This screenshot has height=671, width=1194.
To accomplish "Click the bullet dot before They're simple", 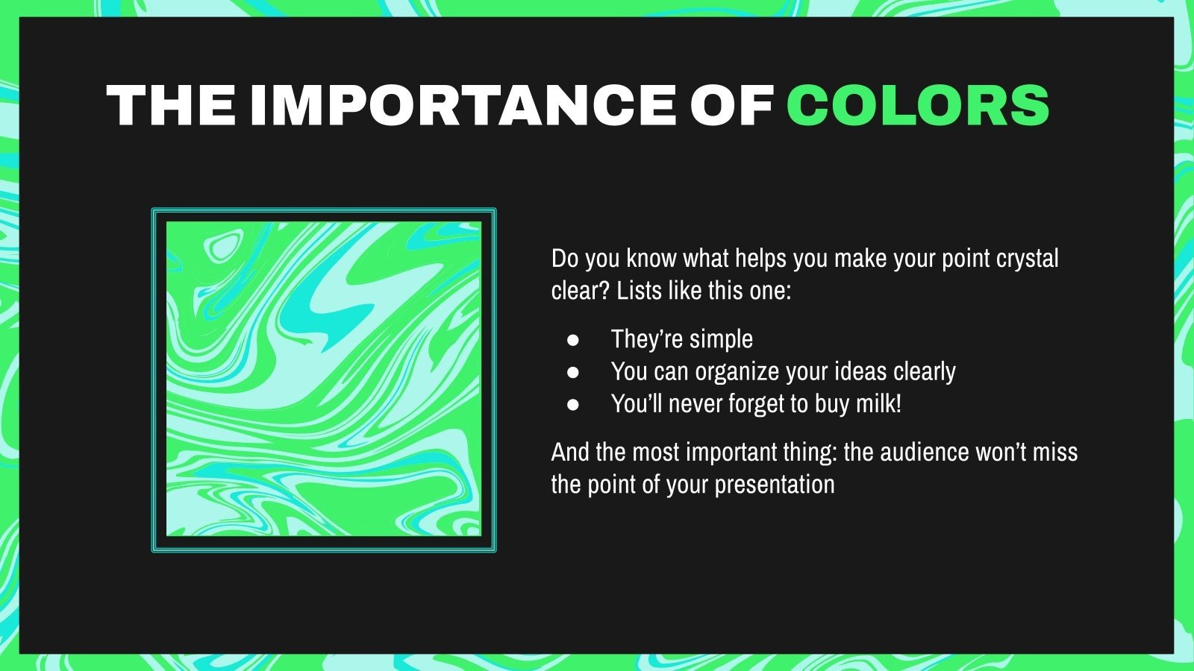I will tap(573, 340).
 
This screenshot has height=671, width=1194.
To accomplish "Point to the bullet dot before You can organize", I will tap(573, 372).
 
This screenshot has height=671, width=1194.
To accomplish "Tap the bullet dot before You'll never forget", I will tap(573, 405).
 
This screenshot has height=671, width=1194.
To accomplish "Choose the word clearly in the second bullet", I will tap(925, 372).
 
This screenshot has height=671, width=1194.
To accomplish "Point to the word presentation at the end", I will tap(774, 485).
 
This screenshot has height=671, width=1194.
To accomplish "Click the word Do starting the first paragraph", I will tap(565, 259).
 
